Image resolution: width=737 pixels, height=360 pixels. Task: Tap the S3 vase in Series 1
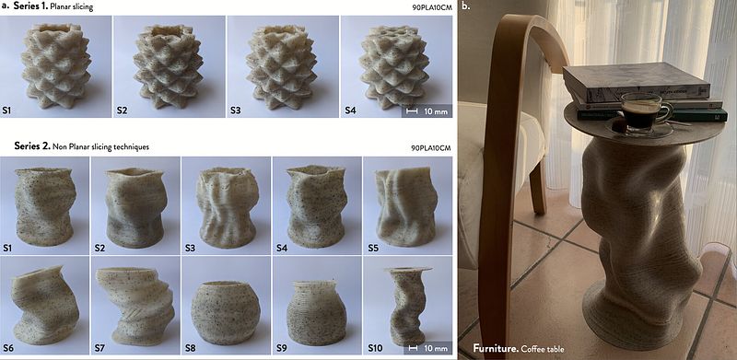[282, 66]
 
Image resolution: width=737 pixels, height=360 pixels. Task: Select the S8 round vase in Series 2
[226, 312]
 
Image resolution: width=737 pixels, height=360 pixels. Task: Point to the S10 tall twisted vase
[407, 305]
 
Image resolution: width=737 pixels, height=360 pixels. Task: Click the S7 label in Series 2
[99, 348]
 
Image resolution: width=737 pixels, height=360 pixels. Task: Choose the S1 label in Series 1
[7, 111]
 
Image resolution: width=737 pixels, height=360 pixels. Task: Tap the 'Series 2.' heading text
[32, 145]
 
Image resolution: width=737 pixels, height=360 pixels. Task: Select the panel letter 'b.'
[466, 6]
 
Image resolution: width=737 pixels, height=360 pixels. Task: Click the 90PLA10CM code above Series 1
[431, 8]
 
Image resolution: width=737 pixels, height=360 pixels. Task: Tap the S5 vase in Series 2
[406, 206]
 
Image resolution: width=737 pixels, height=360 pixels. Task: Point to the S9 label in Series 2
[281, 348]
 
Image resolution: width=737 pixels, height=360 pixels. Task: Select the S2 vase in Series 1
[168, 66]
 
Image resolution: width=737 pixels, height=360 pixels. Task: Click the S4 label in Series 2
[282, 247]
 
